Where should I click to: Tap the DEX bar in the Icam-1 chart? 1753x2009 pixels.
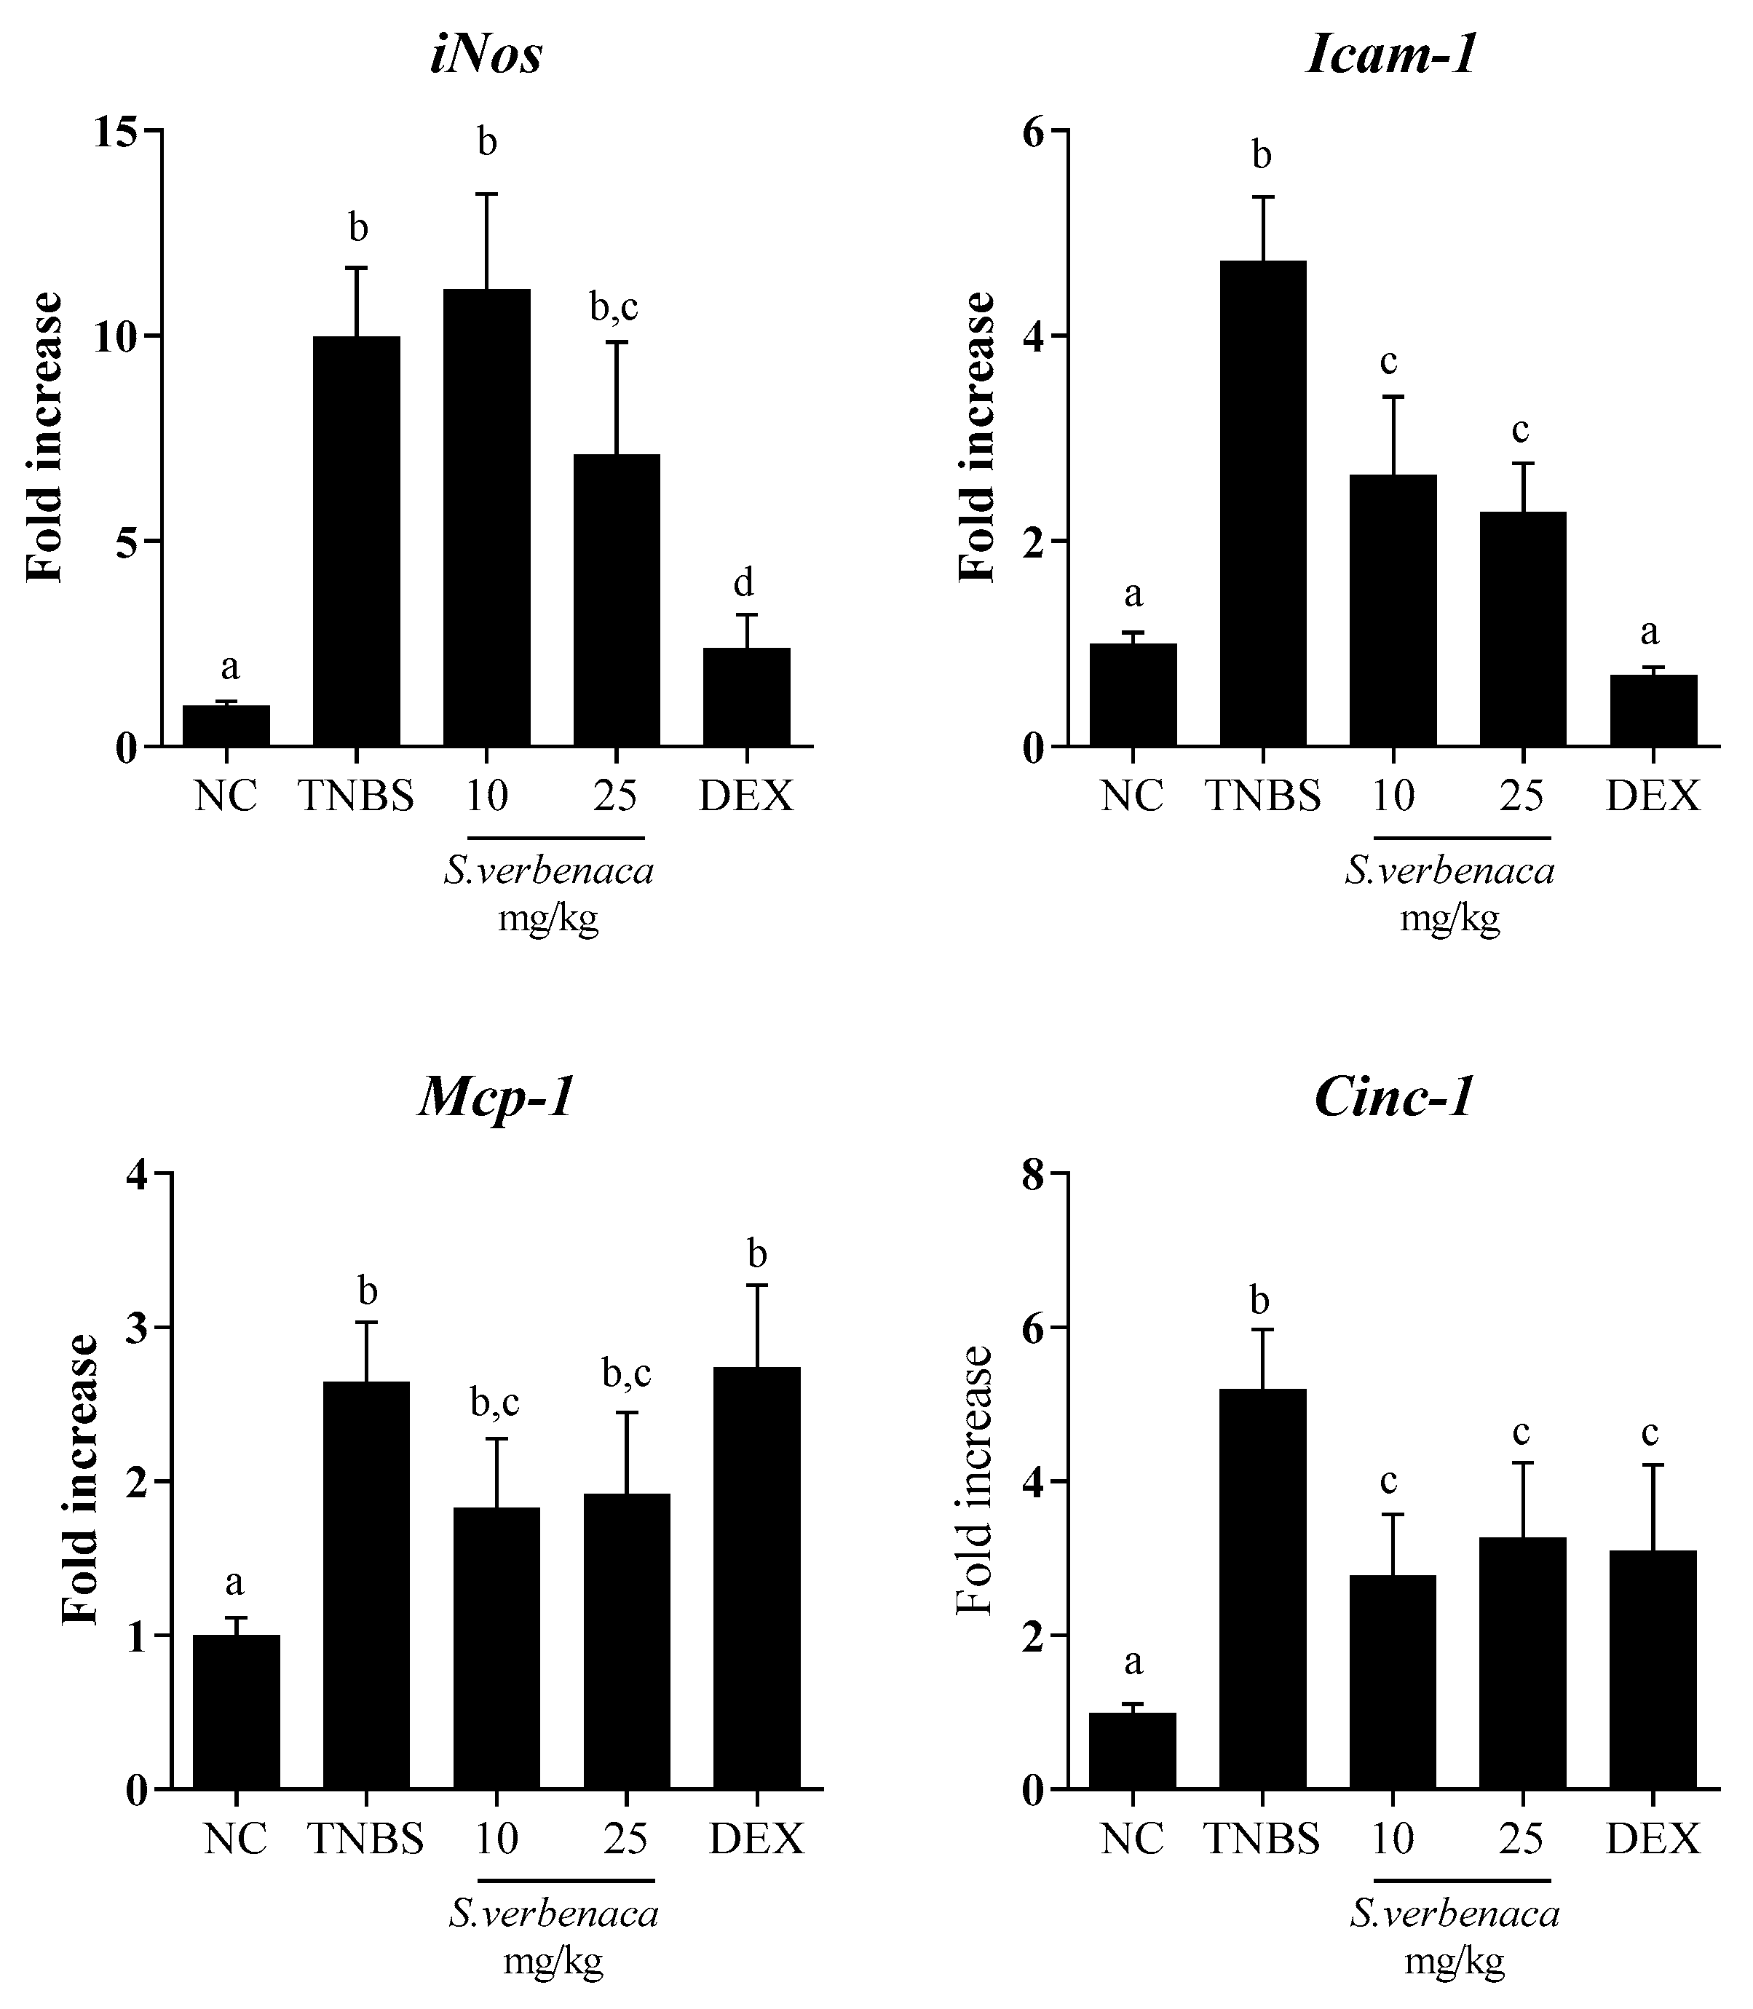pos(1653,711)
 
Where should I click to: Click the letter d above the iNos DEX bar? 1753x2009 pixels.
pos(743,583)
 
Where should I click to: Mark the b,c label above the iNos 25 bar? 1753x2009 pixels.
pos(614,307)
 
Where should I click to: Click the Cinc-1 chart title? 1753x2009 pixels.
pos(1393,1098)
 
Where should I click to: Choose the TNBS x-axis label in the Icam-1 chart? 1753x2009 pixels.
pos(1262,797)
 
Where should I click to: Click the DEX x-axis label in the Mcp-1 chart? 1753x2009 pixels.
pos(756,1839)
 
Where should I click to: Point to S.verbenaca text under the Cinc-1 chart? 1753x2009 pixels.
pos(1455,1913)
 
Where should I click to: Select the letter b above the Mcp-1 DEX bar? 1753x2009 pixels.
pos(756,1254)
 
